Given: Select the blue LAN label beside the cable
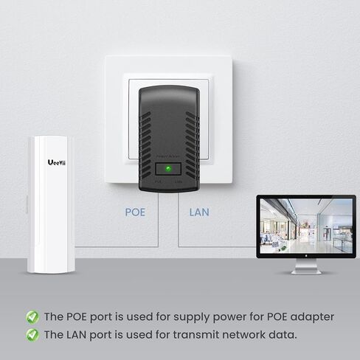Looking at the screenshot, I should point(199,212).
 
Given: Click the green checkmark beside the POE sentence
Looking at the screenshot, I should point(32,317).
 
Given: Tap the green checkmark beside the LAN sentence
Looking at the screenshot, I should point(32,335).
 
